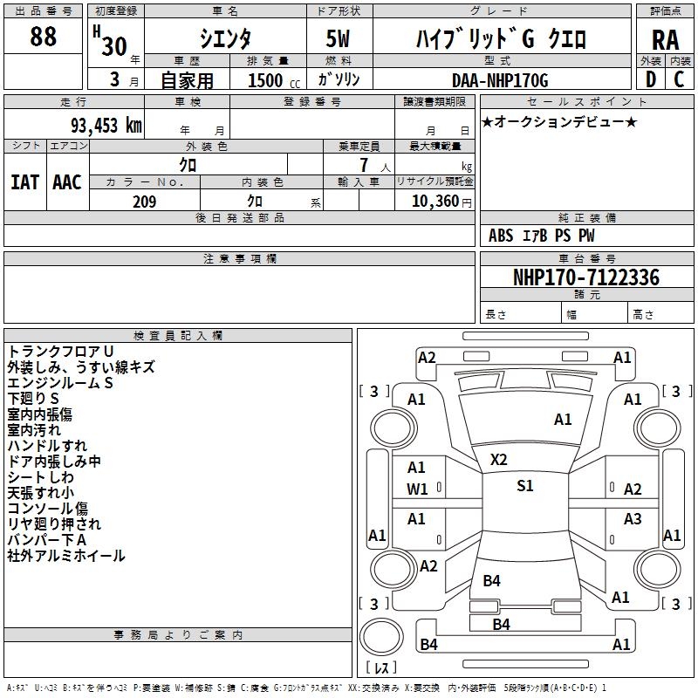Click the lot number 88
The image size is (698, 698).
click(x=43, y=37)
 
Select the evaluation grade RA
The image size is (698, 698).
click(x=665, y=39)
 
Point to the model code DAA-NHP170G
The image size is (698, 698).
click(x=500, y=80)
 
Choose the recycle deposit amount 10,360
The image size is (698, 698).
click(x=434, y=202)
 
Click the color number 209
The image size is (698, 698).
click(x=144, y=202)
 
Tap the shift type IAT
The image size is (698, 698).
click(x=24, y=182)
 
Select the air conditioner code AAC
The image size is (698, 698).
click(x=67, y=182)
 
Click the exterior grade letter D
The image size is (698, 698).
click(x=650, y=79)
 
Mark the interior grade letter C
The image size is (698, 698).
click(x=679, y=79)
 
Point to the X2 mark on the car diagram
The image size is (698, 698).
click(x=498, y=460)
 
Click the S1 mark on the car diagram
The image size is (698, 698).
click(x=524, y=486)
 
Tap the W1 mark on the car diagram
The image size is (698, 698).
click(x=417, y=489)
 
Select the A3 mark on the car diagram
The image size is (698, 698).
click(x=633, y=519)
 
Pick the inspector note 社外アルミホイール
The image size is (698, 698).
click(x=66, y=556)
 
